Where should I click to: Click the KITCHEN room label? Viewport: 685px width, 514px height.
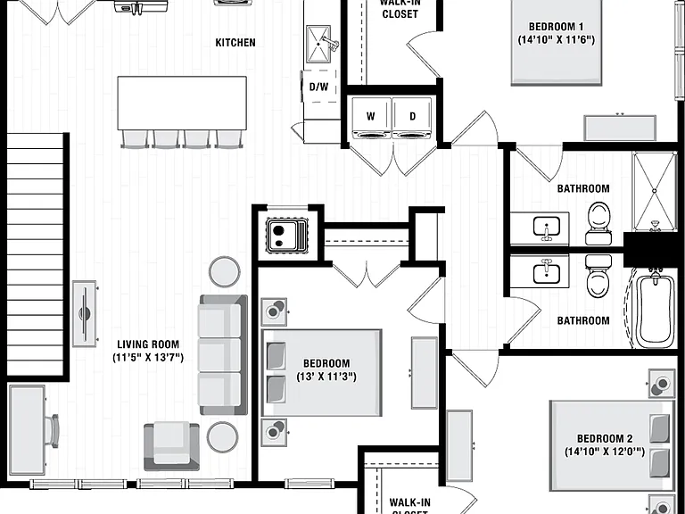tap(235, 43)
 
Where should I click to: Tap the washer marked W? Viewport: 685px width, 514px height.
tap(371, 117)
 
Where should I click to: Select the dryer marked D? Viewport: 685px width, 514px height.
tap(412, 117)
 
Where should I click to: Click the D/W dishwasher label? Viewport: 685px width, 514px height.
tap(319, 87)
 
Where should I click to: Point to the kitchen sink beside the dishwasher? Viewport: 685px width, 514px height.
tap(318, 44)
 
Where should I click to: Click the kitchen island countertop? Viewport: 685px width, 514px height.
tap(182, 104)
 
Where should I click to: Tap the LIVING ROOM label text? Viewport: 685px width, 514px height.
tap(148, 344)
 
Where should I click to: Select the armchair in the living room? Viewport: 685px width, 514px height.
tap(171, 446)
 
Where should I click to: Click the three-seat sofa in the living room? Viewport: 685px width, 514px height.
tap(223, 354)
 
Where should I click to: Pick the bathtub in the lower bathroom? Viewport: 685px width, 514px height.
tap(655, 311)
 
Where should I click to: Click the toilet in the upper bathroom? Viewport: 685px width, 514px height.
tap(598, 223)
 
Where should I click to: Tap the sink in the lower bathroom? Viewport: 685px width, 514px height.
tap(546, 272)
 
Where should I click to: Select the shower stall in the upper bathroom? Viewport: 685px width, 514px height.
tap(655, 191)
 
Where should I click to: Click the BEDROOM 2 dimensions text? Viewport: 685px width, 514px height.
tap(605, 452)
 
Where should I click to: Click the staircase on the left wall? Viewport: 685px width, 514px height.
tap(36, 254)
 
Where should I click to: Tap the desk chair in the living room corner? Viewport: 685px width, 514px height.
tap(52, 431)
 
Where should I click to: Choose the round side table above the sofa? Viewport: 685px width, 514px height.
tap(224, 272)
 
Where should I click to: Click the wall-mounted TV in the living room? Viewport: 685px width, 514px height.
tap(85, 313)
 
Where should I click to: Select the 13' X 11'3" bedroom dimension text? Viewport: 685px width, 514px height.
tap(326, 377)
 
